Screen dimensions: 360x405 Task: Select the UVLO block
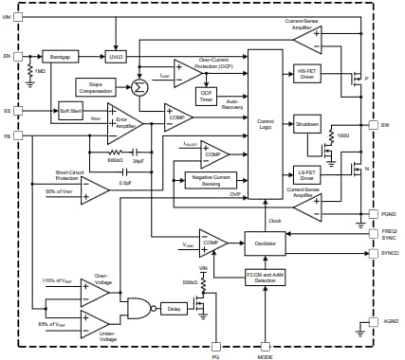(117, 56)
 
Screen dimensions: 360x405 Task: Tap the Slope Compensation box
(95, 87)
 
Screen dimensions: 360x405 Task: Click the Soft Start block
(70, 110)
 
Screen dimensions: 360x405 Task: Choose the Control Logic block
(265, 123)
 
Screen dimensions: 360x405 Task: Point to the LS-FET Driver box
(307, 175)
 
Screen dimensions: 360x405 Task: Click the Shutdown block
(307, 124)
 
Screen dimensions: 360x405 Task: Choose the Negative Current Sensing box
(210, 179)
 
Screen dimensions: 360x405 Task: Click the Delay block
(172, 307)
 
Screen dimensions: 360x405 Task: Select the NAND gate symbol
(138, 307)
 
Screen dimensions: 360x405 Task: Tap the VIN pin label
(8, 17)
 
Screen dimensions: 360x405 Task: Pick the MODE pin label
(265, 356)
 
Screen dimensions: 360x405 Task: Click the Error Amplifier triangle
(123, 124)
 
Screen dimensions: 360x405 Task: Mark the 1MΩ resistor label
(40, 72)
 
